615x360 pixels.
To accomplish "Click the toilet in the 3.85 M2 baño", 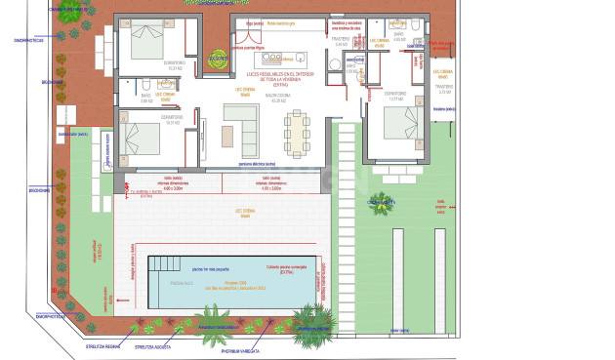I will point(143,84).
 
